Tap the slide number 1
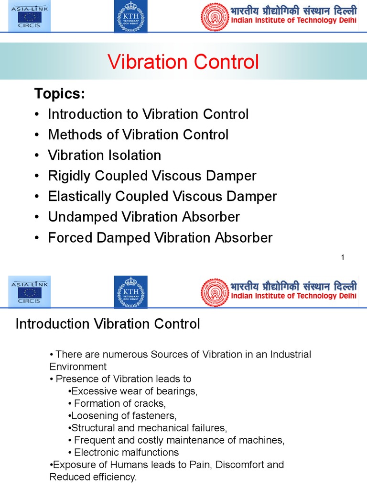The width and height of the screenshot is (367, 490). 343,258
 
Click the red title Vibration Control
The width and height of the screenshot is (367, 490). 183,62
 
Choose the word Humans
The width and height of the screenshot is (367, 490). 115,465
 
